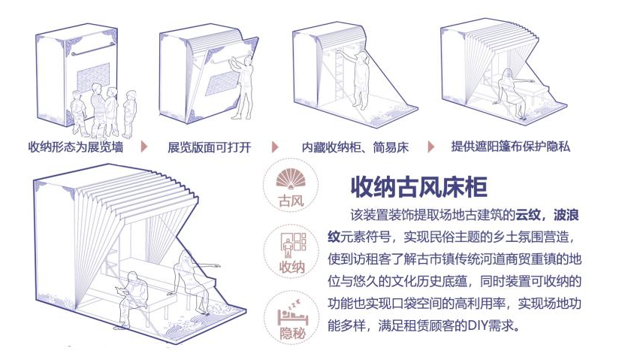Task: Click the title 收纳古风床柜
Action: [419, 185]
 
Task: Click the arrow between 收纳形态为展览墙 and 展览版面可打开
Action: [143, 147]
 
